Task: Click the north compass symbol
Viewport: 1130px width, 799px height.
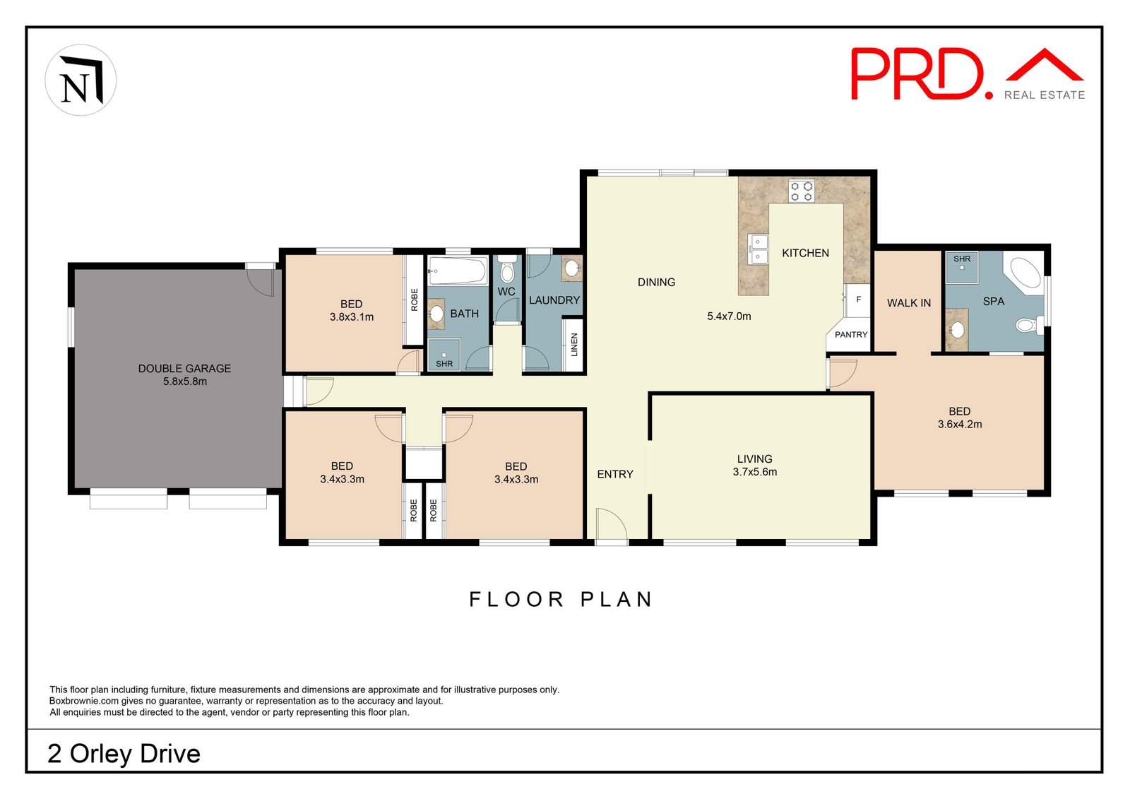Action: point(81,80)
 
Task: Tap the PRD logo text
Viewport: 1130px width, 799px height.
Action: point(921,73)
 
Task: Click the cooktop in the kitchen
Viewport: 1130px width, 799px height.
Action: point(801,191)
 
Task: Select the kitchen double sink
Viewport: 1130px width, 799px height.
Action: point(758,249)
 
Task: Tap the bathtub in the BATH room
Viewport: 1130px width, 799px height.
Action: point(458,271)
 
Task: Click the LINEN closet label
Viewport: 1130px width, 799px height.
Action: point(573,345)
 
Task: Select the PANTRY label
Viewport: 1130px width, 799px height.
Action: point(851,335)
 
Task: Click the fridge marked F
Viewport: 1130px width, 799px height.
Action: point(857,300)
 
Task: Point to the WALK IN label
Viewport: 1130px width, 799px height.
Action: point(909,303)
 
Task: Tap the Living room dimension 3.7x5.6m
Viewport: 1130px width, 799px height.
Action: point(755,472)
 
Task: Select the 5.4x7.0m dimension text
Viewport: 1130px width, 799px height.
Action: point(729,316)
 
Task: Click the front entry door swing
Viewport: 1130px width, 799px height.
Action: point(612,525)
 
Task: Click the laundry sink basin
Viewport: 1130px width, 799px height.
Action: point(571,268)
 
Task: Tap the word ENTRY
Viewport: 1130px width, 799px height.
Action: point(615,474)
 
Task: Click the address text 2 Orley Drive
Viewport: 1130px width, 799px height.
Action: point(124,754)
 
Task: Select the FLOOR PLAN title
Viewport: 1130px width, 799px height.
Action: point(561,600)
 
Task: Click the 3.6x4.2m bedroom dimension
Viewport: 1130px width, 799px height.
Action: point(960,425)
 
